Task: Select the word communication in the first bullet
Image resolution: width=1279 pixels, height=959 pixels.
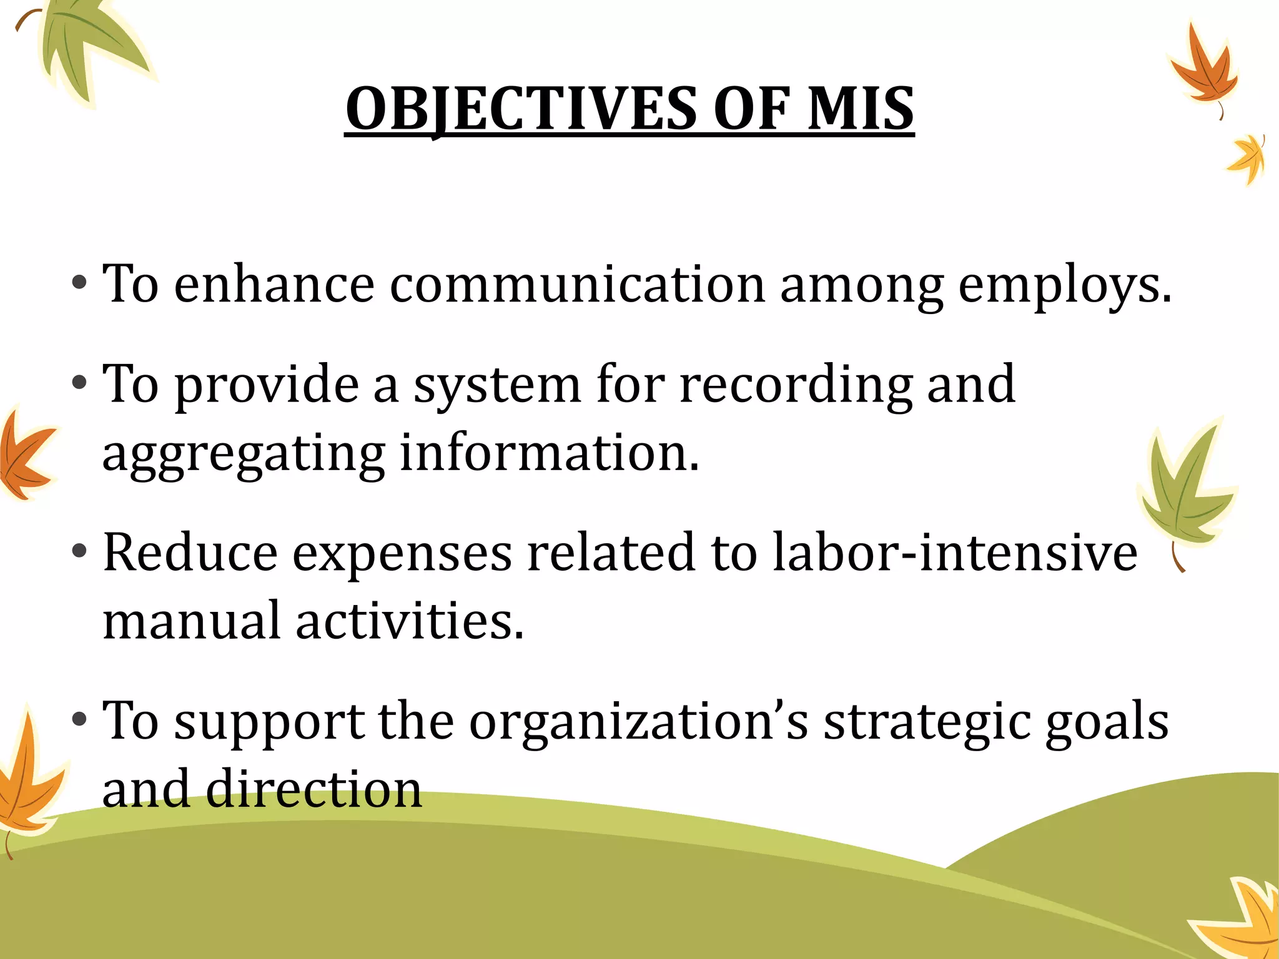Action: [577, 285]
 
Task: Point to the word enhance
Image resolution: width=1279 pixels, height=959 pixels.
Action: [274, 285]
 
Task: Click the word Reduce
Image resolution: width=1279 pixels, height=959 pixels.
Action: [190, 553]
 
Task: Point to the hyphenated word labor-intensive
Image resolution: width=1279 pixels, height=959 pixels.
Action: [955, 553]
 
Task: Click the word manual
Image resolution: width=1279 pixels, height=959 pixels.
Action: [191, 621]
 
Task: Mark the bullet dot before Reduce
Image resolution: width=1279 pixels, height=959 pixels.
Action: [79, 552]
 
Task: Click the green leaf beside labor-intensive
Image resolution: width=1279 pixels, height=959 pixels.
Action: [1183, 487]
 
